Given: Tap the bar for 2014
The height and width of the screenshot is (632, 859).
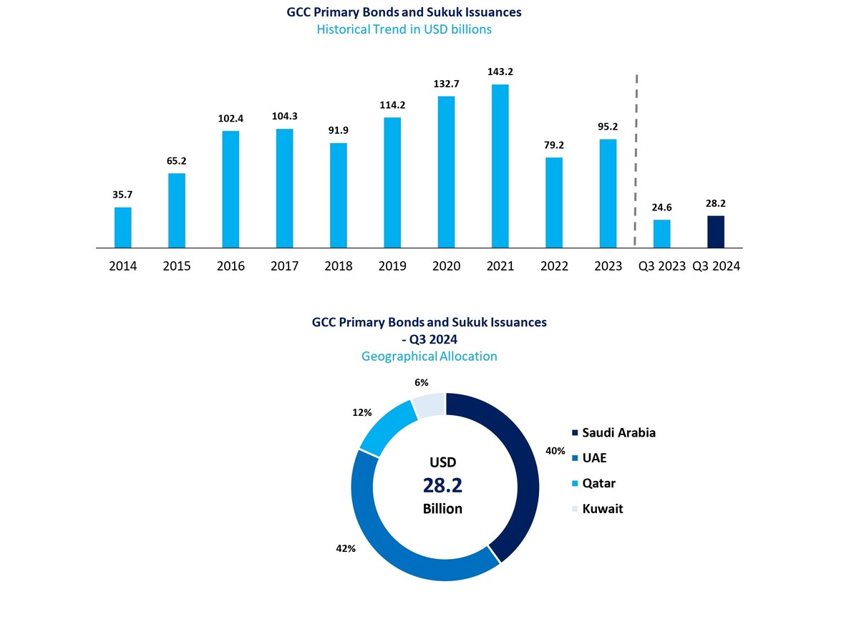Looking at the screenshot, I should pyautogui.click(x=123, y=228).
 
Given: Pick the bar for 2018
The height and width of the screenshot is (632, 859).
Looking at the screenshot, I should pyautogui.click(x=339, y=195).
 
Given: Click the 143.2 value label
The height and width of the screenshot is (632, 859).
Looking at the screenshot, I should pyautogui.click(x=500, y=72).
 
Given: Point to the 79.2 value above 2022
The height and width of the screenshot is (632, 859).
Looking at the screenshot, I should pyautogui.click(x=554, y=145).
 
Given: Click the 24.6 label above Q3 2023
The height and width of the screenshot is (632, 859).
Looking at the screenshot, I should pyautogui.click(x=662, y=208).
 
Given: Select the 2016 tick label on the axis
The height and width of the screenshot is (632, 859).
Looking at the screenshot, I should pyautogui.click(x=230, y=266).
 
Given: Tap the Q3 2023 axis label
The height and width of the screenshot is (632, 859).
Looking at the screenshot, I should pyautogui.click(x=662, y=266).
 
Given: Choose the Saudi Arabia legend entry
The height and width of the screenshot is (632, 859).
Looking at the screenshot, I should pyautogui.click(x=618, y=432).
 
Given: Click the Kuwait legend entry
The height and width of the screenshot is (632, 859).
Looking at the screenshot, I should pyautogui.click(x=601, y=509).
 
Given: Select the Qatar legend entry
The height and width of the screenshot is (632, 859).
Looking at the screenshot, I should pyautogui.click(x=598, y=483).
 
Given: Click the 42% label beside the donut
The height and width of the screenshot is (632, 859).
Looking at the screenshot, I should pyautogui.click(x=345, y=549).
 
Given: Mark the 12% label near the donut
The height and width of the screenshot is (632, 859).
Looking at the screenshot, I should pyautogui.click(x=362, y=412).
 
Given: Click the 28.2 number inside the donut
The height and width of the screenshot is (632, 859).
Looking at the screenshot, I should pyautogui.click(x=442, y=485).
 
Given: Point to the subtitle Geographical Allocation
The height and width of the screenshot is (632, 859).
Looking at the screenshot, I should pyautogui.click(x=429, y=356).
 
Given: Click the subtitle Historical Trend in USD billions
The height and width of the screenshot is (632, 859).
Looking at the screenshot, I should pyautogui.click(x=404, y=29).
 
